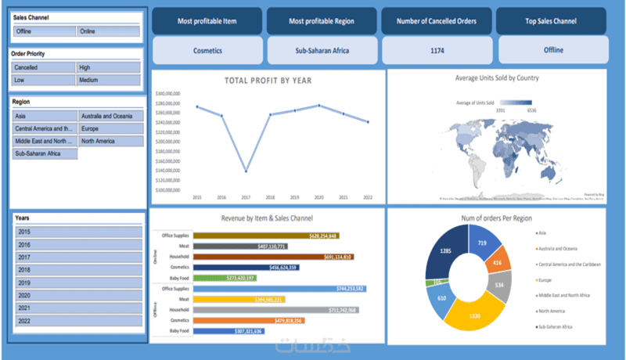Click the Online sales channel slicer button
click(108, 31)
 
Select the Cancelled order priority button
click(44, 68)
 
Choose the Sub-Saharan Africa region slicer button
click(45, 154)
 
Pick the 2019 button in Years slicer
click(78, 283)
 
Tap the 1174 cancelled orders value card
click(437, 50)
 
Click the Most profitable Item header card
click(207, 21)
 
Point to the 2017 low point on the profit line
click(246, 171)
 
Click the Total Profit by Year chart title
click(268, 81)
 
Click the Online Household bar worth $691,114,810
click(272, 257)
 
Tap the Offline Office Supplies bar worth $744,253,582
click(279, 289)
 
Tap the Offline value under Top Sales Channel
click(553, 50)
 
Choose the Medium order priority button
click(108, 80)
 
